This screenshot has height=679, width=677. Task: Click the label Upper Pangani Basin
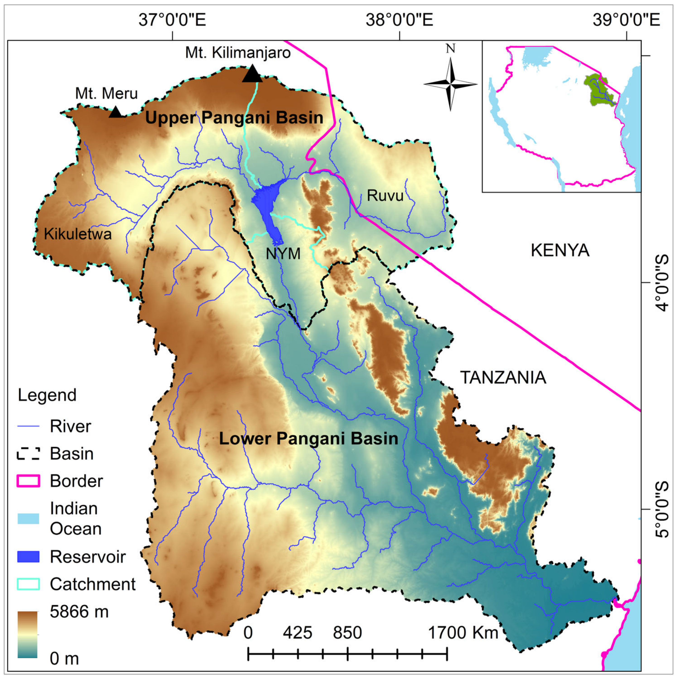(234, 118)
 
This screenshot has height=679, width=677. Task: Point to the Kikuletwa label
(78, 234)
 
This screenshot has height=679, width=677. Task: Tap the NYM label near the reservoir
(283, 253)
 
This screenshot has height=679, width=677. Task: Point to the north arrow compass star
(450, 84)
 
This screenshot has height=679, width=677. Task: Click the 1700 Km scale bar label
(463, 633)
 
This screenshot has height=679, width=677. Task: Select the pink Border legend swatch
(28, 481)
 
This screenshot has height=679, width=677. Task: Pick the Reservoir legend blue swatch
(28, 557)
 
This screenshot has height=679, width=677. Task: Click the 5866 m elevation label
(79, 612)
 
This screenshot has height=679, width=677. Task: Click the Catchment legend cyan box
(28, 584)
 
